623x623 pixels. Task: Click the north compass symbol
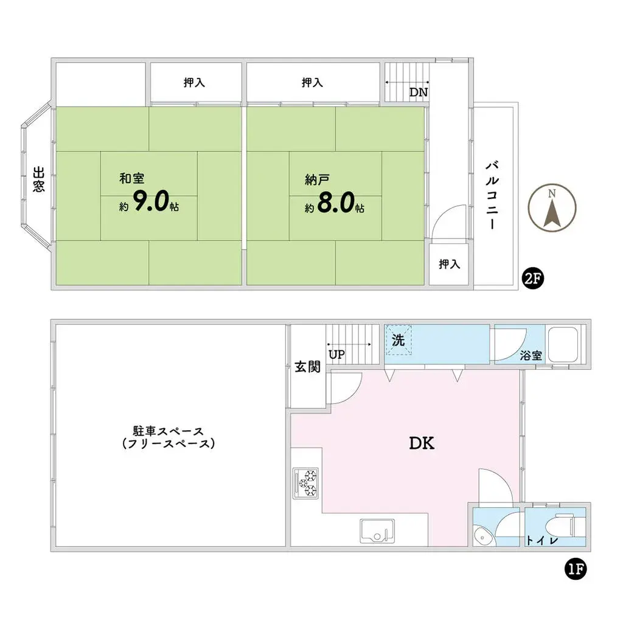pyautogui.click(x=552, y=207)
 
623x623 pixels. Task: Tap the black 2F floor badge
pyautogui.click(x=532, y=279)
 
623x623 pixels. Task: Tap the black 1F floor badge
pyautogui.click(x=576, y=569)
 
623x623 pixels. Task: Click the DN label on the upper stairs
pyautogui.click(x=419, y=92)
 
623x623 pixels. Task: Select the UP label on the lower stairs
pyautogui.click(x=336, y=355)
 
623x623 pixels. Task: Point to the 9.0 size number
pyautogui.click(x=151, y=201)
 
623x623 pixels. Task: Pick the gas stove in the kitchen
pyautogui.click(x=305, y=483)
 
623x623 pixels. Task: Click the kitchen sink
pyautogui.click(x=377, y=531)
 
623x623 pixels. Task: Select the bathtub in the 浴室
pyautogui.click(x=563, y=344)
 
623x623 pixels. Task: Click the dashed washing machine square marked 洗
pyautogui.click(x=399, y=340)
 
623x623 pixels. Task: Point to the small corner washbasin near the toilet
pyautogui.click(x=484, y=535)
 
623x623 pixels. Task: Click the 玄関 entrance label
pyautogui.click(x=307, y=366)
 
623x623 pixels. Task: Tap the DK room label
pyautogui.click(x=422, y=443)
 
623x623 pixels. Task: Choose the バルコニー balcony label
pyautogui.click(x=492, y=195)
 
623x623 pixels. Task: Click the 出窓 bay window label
pyautogui.click(x=38, y=179)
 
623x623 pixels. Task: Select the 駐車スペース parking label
pyautogui.click(x=169, y=431)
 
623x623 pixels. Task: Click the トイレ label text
pyautogui.click(x=542, y=540)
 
